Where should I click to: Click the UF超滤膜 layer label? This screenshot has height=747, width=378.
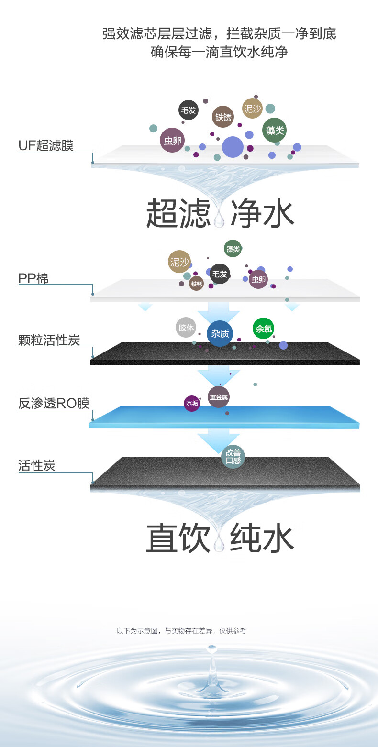pos(46,145)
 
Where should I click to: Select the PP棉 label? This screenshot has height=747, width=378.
pos(33,278)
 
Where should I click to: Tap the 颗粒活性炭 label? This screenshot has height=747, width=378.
pos(49,340)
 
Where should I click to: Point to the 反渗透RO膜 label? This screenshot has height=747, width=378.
pos(54,403)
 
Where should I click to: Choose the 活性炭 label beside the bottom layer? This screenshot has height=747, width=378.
pos(37,465)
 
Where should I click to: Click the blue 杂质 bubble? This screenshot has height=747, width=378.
pos(220,333)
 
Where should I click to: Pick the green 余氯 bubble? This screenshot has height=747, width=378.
pos(263,329)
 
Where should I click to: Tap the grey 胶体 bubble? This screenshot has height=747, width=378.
pos(186,328)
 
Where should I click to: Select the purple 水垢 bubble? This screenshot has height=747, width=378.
pos(192,403)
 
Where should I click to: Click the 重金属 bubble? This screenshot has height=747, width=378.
pos(219,397)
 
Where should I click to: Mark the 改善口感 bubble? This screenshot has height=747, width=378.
pos(233,457)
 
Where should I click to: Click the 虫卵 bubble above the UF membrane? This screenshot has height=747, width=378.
pos(172,140)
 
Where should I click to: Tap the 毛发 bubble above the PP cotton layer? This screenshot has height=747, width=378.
pos(220,274)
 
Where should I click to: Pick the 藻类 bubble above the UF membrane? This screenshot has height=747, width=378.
pos(275,130)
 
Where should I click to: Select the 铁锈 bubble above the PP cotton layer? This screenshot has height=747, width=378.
pos(196,284)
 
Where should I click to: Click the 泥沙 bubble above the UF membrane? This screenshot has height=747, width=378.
pos(252,109)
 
